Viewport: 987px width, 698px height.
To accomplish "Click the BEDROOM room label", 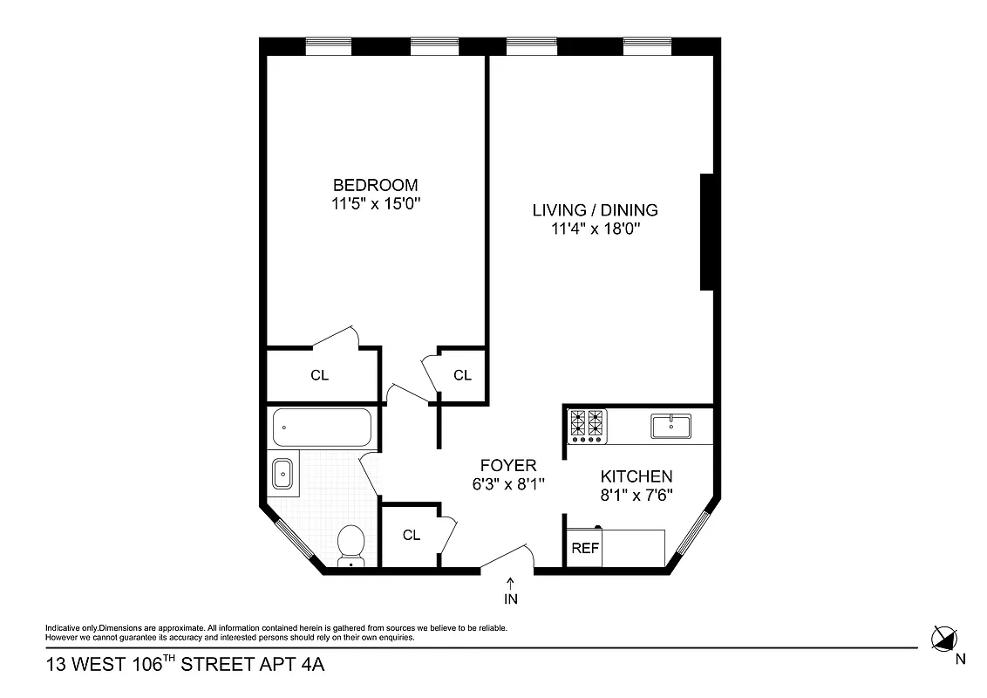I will (375, 185).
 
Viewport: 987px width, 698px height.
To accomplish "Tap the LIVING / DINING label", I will (595, 210).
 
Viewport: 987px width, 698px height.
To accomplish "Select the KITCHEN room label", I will (636, 476).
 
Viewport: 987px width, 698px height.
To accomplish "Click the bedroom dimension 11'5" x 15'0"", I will (375, 204).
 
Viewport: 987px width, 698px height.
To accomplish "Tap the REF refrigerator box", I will (585, 549).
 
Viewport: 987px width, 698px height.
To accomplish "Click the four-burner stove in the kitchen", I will (587, 425).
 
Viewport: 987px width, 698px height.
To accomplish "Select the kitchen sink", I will (670, 427).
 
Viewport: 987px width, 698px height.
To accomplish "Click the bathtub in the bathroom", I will (322, 428).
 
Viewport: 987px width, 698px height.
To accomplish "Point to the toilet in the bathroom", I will (351, 544).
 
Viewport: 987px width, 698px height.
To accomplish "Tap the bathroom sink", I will (284, 474).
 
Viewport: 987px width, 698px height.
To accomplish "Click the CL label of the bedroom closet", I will (320, 376).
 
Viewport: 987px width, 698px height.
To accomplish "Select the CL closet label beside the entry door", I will (412, 535).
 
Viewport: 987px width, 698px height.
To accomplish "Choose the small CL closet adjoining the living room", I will (462, 375).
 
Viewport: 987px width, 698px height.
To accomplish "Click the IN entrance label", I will (510, 599).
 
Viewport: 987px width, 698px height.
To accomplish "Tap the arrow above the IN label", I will (510, 582).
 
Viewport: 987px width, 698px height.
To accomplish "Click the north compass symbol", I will (943, 639).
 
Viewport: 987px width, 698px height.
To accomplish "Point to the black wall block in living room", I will (708, 232).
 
